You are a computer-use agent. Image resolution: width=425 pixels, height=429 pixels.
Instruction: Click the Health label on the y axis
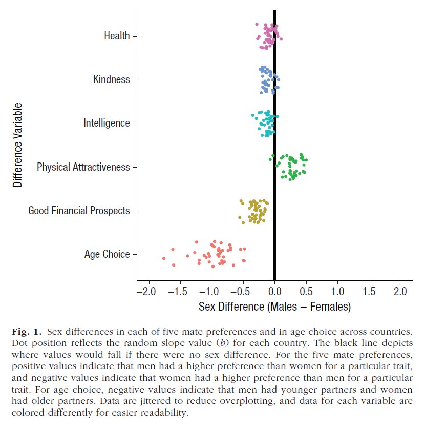coord(117,36)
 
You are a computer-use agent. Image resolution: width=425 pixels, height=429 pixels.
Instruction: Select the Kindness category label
coord(111,79)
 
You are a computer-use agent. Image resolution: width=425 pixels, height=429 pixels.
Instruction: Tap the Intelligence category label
coord(107,123)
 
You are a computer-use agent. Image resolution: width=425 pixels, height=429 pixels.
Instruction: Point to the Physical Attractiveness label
coord(83,167)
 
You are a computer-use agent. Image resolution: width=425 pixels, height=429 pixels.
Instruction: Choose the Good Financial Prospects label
coord(79,211)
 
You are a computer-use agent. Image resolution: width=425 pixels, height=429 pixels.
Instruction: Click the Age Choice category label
coord(107,254)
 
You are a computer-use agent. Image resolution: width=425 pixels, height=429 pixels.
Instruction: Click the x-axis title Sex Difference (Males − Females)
coord(274,307)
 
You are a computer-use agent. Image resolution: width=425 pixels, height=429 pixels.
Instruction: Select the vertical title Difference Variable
coord(18,145)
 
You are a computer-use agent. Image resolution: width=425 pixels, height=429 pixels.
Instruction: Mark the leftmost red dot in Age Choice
coord(164,258)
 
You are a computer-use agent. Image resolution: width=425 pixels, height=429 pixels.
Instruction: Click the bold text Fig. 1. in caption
coord(24,328)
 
